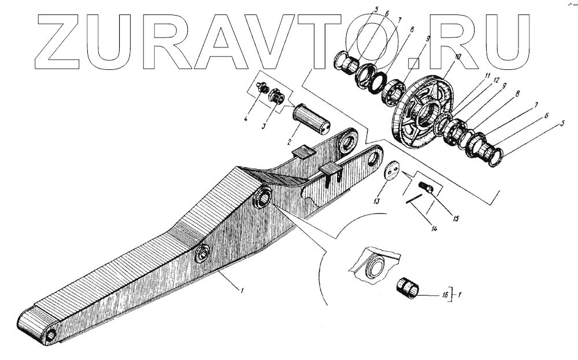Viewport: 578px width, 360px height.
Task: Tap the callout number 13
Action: pos(376,201)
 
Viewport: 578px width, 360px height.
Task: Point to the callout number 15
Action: pos(455,218)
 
